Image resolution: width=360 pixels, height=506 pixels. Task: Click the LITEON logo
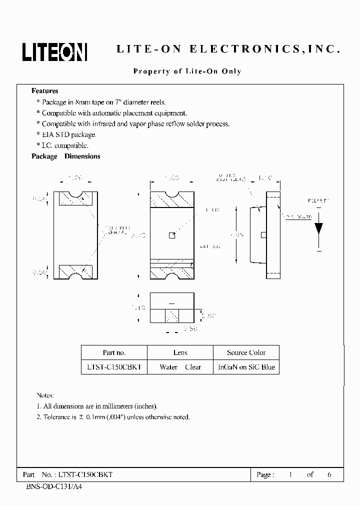54,51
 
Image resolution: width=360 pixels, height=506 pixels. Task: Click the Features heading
45,91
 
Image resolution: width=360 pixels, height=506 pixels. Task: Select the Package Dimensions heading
66,156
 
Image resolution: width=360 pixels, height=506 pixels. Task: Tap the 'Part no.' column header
114,352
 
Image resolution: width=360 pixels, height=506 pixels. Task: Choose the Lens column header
180,352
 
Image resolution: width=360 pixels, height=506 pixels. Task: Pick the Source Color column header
246,352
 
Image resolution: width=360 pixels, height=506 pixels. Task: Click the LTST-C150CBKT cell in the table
114,367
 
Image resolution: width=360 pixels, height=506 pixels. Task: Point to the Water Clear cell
180,367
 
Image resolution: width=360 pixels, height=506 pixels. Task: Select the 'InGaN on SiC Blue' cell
246,367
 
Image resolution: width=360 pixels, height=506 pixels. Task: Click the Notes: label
45,395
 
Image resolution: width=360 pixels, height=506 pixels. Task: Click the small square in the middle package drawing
172,235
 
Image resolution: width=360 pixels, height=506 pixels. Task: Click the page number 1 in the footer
290,474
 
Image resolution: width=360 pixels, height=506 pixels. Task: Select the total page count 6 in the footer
329,474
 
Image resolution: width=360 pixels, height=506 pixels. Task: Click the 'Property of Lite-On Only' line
187,71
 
